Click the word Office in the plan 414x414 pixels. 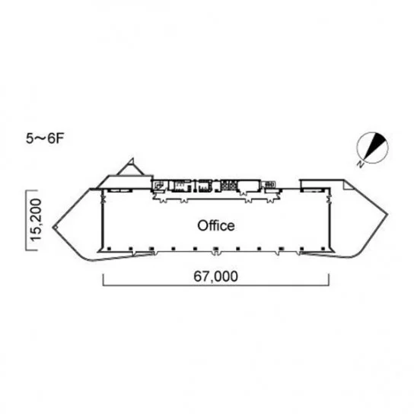tap(216, 226)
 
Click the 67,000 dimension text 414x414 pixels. tap(215, 276)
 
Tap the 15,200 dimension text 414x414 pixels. tap(36, 220)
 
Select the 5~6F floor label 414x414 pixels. tap(45, 139)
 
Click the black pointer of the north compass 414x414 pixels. tap(374, 145)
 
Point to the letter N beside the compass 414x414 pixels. tap(360, 164)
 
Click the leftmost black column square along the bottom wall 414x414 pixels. tap(109, 248)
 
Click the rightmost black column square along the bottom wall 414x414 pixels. tap(323, 248)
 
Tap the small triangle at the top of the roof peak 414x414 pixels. tap(131, 161)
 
